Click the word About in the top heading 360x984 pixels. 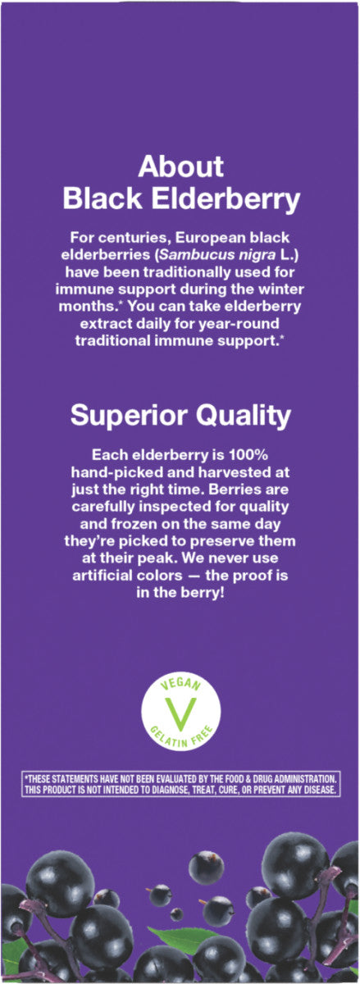180,166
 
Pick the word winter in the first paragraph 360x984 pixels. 281,289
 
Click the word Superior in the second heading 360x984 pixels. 130,416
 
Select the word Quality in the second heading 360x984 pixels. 243,416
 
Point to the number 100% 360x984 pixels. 248,454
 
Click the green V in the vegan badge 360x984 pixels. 180,710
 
